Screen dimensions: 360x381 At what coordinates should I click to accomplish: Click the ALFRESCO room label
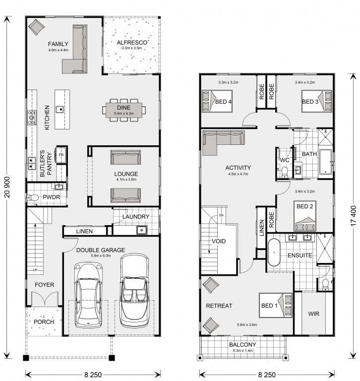(132, 43)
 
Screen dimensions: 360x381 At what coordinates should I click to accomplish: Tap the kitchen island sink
(60, 110)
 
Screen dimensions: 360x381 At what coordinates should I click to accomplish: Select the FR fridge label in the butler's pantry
(61, 155)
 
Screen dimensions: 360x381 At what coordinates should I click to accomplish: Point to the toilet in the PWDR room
(33, 198)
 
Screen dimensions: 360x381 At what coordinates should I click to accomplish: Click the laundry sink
(142, 230)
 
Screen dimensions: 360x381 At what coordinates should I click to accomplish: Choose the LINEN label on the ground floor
(84, 231)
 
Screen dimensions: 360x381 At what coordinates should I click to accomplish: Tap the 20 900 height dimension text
(7, 187)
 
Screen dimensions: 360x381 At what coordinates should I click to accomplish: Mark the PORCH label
(44, 321)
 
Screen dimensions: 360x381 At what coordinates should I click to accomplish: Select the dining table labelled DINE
(124, 110)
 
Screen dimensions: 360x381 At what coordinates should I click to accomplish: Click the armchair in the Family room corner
(37, 27)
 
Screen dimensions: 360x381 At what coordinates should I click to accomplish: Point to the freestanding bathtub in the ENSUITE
(274, 252)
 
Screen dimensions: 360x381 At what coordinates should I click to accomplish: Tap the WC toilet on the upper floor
(284, 171)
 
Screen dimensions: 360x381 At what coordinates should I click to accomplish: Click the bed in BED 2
(305, 216)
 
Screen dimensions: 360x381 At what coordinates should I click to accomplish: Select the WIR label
(313, 314)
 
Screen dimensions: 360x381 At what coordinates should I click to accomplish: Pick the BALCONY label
(242, 345)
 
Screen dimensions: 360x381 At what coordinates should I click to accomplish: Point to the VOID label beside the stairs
(219, 241)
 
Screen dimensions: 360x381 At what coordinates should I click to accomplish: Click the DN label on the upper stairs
(221, 215)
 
